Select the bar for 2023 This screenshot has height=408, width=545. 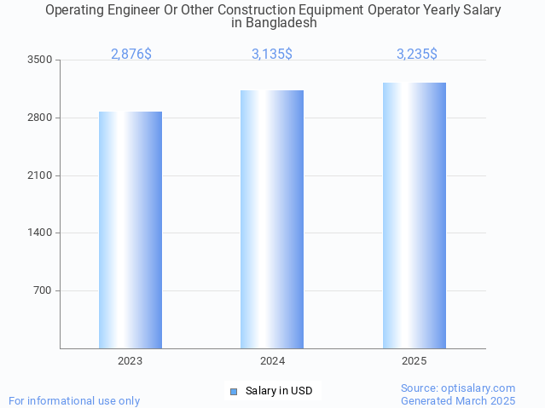point(130,230)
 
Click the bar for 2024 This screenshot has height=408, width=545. point(272,219)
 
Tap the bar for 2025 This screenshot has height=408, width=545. point(415,215)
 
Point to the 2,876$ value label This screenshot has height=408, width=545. point(131,54)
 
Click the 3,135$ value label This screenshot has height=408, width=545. point(272,54)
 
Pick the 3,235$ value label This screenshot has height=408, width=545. point(417,54)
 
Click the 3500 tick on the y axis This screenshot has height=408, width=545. point(40,60)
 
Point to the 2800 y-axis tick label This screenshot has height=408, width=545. point(40,118)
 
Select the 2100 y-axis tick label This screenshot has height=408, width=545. point(40,175)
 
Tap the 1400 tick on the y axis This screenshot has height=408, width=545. point(40,233)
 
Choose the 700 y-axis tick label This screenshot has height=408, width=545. point(43,290)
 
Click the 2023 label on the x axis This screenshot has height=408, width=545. point(130,361)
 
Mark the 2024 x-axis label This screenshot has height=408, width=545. point(273,361)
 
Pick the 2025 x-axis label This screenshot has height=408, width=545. point(415,361)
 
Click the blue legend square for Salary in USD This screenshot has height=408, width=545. point(234,392)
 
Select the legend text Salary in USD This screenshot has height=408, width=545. point(279,392)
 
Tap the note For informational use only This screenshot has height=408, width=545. point(74,400)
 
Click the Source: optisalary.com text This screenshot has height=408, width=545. point(458,388)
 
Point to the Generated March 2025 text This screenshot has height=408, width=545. point(458,400)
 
